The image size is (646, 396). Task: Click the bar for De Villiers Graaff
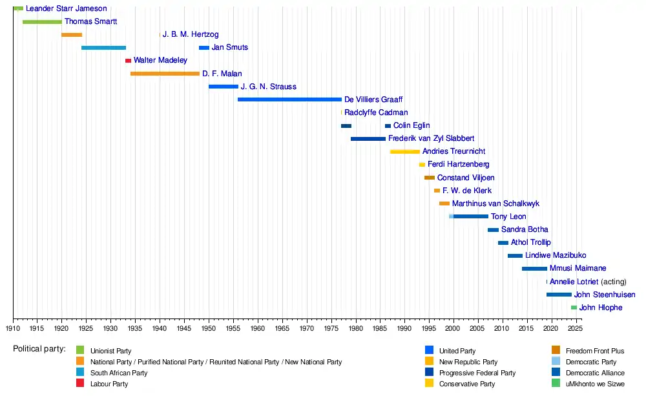289,99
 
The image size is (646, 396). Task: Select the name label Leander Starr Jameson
66,9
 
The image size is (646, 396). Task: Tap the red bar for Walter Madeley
128,61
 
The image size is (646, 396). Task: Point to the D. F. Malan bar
165,74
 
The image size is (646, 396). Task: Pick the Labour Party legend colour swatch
80,384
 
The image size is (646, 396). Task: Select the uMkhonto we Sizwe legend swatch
556,384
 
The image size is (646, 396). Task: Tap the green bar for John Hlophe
574,307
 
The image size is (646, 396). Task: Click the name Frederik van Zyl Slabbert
431,139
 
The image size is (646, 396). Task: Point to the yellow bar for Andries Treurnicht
404,152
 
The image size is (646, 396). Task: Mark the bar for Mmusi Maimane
534,269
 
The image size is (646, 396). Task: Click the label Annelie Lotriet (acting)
587,282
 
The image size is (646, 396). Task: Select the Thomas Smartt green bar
42,22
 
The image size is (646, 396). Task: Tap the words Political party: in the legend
39,349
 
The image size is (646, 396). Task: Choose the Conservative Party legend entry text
466,384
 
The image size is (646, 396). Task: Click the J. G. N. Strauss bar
223,87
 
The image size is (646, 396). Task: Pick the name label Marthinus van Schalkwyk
495,203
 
